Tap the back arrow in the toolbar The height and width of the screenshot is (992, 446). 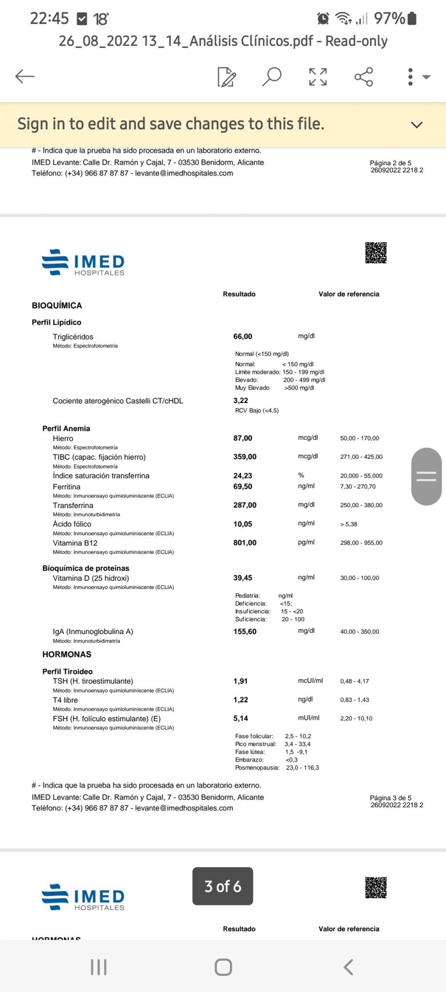coord(25,77)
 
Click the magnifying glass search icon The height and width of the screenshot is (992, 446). coord(272,77)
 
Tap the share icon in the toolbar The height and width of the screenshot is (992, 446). coord(364,77)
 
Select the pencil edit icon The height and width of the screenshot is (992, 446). coord(227,77)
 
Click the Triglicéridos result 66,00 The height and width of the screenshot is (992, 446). coord(243,337)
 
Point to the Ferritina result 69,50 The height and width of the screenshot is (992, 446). coord(243,487)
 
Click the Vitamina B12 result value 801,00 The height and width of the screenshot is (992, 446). coord(245,543)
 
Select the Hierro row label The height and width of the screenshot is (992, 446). coord(63,438)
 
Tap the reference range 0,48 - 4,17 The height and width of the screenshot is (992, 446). coord(354,682)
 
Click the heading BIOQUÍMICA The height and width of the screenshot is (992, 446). coord(57,306)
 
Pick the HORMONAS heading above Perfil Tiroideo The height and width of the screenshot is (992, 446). coord(67,654)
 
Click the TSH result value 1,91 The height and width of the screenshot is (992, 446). coord(240,682)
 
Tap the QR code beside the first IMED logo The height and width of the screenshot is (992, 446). coord(376,253)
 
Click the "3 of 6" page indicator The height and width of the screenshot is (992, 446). coord(223,886)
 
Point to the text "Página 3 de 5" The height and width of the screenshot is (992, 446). coord(390,798)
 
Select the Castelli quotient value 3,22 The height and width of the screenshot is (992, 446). coord(241,401)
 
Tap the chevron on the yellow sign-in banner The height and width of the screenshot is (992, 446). coord(416,125)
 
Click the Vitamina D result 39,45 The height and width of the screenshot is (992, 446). coord(243,578)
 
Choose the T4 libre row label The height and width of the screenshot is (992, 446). coord(65,700)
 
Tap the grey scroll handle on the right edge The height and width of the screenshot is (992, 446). coord(426,477)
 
